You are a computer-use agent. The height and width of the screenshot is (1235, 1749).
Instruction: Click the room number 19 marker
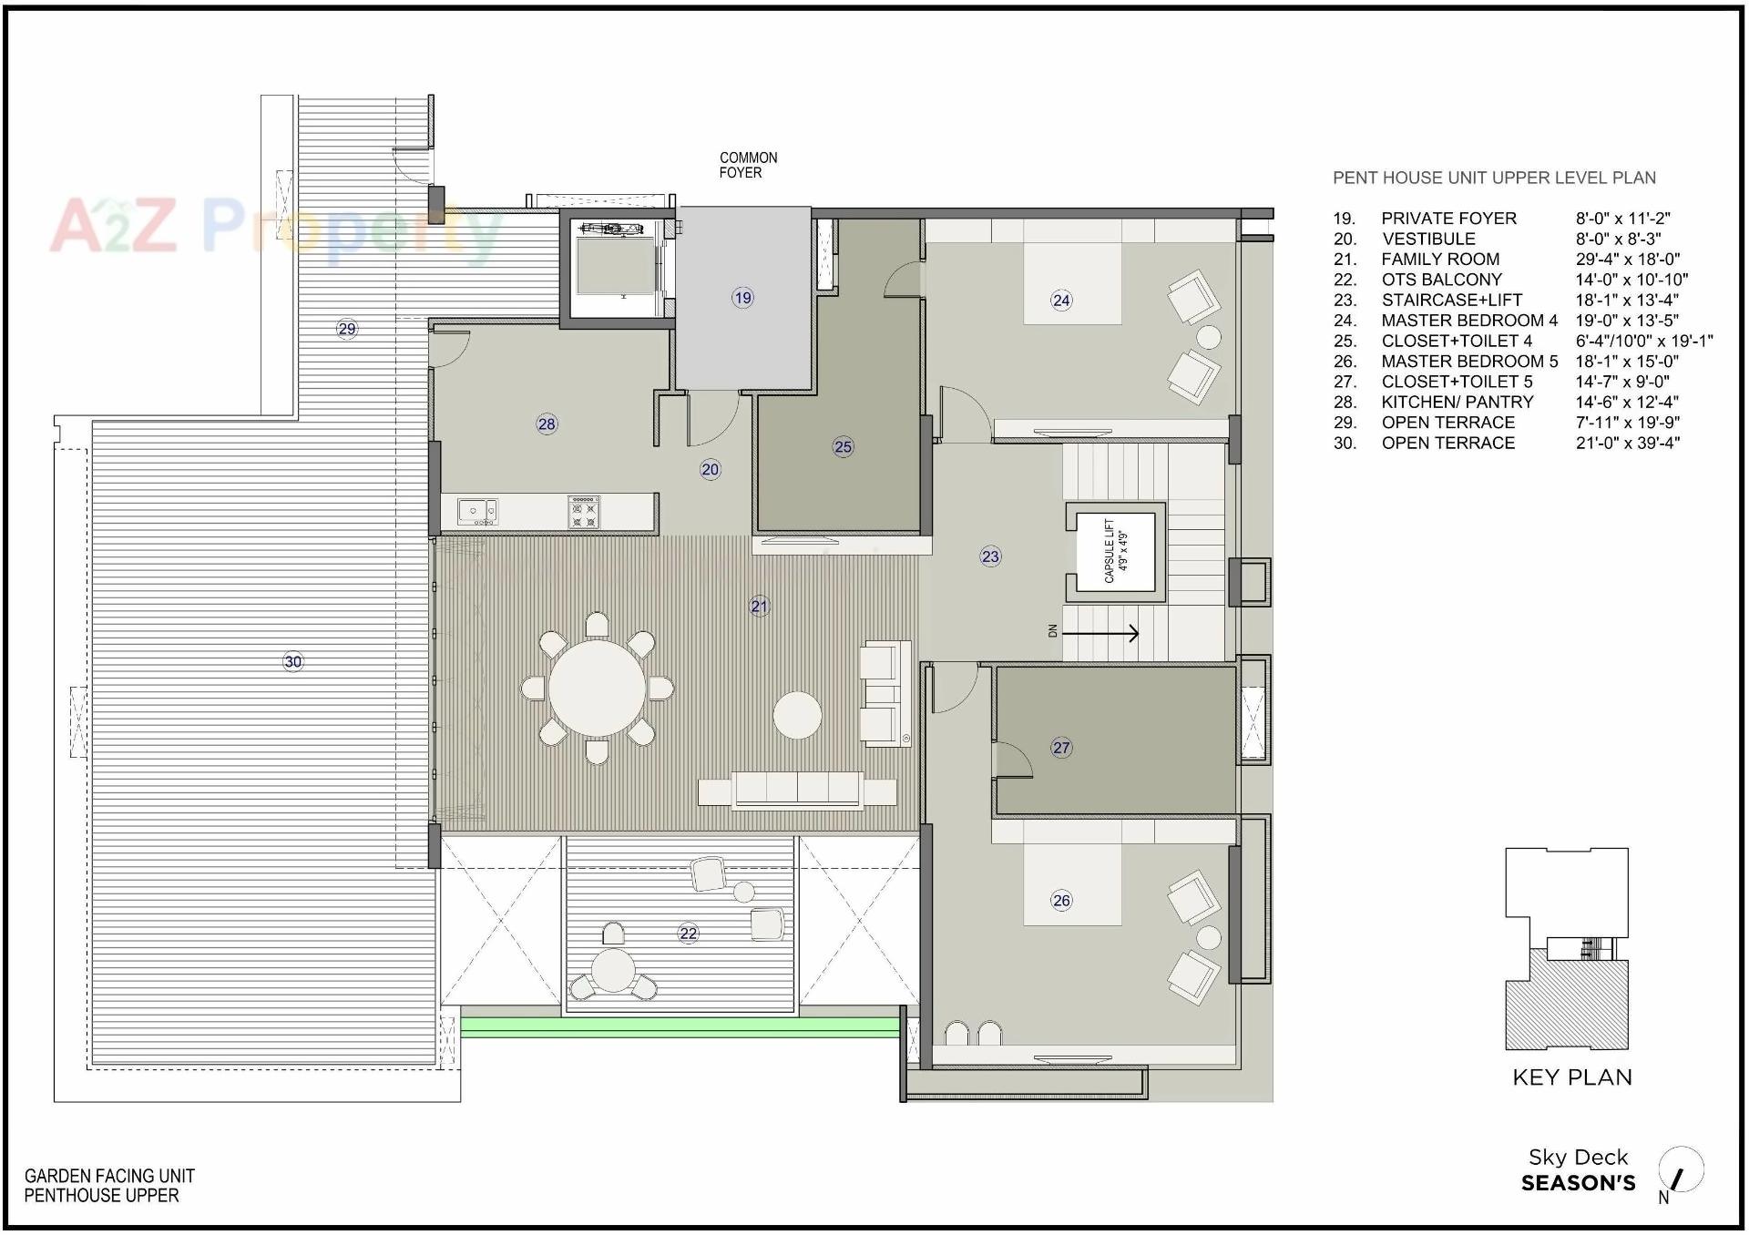coord(742,297)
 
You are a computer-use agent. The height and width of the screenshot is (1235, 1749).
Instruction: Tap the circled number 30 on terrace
coord(292,662)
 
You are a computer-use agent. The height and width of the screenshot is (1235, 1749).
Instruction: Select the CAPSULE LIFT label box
coord(1115,551)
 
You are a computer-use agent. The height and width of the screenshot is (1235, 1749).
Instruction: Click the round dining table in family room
coord(597,688)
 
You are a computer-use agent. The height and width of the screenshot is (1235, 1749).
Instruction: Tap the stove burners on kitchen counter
coord(584,513)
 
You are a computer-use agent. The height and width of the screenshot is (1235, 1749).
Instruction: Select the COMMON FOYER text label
coord(747,165)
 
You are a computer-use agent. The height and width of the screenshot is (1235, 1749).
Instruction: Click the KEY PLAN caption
coord(1571,1077)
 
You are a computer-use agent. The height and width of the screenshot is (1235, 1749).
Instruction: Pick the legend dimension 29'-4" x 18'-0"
coord(1627,260)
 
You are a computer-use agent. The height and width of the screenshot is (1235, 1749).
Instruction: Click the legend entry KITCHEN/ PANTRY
coord(1457,402)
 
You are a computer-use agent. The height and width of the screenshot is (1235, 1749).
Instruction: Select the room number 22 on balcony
coord(688,934)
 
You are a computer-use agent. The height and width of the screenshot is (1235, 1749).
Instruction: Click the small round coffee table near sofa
coord(797,715)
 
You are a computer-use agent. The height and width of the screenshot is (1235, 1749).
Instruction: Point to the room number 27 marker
coord(1061,748)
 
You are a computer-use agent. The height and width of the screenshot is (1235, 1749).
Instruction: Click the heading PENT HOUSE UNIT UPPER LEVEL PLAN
coord(1494,179)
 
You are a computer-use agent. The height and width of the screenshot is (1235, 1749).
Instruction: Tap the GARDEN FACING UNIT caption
coord(109,1176)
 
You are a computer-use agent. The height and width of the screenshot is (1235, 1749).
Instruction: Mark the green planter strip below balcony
coord(679,1027)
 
